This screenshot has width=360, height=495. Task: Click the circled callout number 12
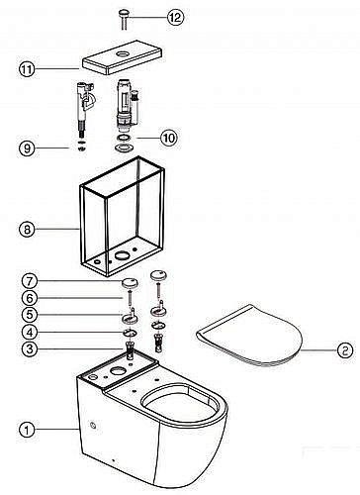tap(175, 17)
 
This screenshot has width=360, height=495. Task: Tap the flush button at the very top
tap(124, 19)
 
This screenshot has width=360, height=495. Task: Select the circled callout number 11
tap(27, 69)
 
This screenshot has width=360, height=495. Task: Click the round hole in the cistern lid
tap(124, 53)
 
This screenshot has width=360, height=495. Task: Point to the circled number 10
tap(169, 138)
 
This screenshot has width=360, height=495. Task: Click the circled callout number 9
tap(27, 148)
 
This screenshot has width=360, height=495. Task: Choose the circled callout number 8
tap(27, 229)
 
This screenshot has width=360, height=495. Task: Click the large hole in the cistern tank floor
tap(122, 254)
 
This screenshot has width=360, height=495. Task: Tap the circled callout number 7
tap(30, 281)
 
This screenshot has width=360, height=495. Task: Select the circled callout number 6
tap(30, 298)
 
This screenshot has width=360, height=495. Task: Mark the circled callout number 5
tap(30, 315)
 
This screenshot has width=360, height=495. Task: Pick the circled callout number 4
tap(30, 332)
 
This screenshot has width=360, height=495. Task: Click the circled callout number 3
tap(30, 348)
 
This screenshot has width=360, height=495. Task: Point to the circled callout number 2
tap(345, 350)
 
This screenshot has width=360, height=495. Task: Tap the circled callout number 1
tap(27, 430)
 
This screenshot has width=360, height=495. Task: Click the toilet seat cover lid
tap(249, 336)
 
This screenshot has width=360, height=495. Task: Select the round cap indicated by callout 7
tap(130, 283)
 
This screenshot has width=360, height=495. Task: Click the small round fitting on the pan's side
tap(94, 426)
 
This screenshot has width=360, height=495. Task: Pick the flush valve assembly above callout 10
tap(126, 106)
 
